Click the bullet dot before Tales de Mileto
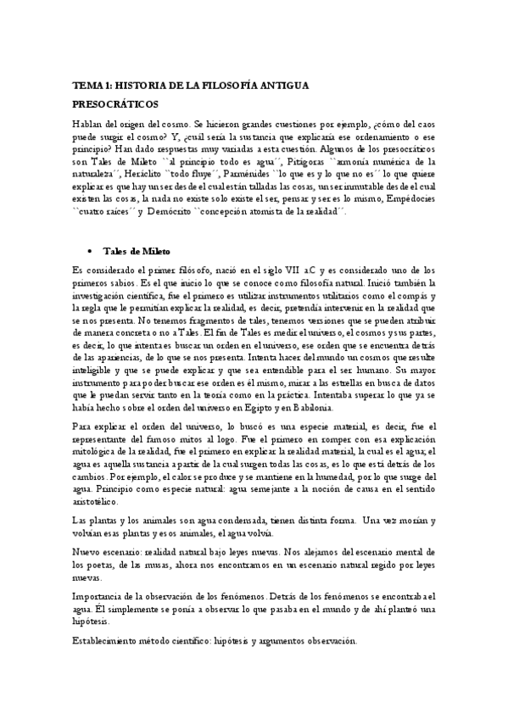point(92,252)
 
